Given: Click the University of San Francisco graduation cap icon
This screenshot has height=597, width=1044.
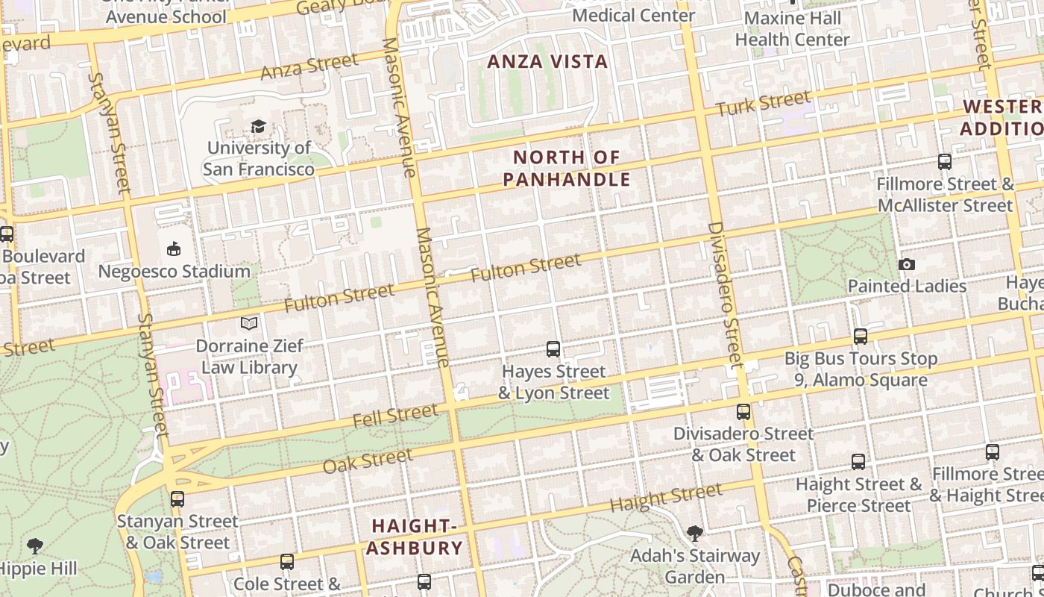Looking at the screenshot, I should pyautogui.click(x=258, y=126).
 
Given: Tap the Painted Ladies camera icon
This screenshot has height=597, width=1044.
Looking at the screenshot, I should pyautogui.click(x=907, y=264).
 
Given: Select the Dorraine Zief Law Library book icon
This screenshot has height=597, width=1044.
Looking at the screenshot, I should pyautogui.click(x=249, y=324).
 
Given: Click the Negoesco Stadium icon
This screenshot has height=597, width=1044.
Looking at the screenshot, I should pyautogui.click(x=174, y=249).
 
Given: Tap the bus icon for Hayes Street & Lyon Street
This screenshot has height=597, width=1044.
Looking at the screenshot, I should pyautogui.click(x=553, y=348).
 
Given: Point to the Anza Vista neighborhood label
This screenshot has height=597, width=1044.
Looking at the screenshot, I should pyautogui.click(x=547, y=62).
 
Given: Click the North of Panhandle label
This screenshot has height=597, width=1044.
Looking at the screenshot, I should pyautogui.click(x=567, y=169).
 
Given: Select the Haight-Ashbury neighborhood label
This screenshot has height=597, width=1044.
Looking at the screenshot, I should pyautogui.click(x=415, y=537).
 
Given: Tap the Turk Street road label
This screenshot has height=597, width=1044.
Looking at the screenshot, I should pyautogui.click(x=763, y=103).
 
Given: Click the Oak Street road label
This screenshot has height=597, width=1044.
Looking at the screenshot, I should pyautogui.click(x=368, y=460).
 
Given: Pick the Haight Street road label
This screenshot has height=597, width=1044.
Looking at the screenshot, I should pyautogui.click(x=666, y=497).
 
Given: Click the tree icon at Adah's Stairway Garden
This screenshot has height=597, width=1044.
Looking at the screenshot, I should pyautogui.click(x=694, y=533).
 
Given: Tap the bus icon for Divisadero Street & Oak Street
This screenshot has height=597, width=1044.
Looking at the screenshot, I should pyautogui.click(x=743, y=411).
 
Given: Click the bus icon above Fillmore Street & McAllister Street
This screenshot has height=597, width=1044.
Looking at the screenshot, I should pyautogui.click(x=944, y=161).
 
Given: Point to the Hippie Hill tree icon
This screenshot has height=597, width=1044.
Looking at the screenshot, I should pyautogui.click(x=34, y=546).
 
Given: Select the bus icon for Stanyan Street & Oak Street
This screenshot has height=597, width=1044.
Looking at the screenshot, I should pyautogui.click(x=177, y=498).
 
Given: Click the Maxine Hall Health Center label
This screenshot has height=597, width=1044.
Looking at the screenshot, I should pyautogui.click(x=792, y=28).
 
